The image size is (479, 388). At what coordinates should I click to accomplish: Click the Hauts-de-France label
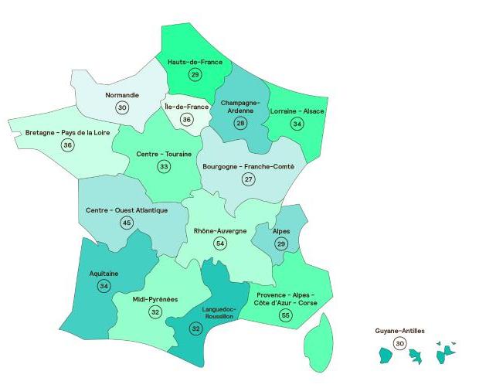pyautogui.click(x=195, y=61)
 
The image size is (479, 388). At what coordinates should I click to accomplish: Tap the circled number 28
pyautogui.click(x=240, y=123)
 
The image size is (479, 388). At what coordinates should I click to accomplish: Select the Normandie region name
pyautogui.click(x=122, y=95)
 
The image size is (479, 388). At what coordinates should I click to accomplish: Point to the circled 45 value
pyautogui.click(x=127, y=223)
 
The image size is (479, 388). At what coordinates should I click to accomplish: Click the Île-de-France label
pyautogui.click(x=186, y=107)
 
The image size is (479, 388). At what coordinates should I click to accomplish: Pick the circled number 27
pyautogui.click(x=248, y=179)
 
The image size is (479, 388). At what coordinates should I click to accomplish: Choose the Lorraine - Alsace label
pyautogui.click(x=297, y=111)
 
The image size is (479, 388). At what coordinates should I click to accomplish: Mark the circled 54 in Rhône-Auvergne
pyautogui.click(x=221, y=243)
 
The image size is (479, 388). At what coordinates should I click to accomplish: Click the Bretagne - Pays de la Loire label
pyautogui.click(x=67, y=132)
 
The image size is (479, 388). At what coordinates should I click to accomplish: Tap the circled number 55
pyautogui.click(x=286, y=315)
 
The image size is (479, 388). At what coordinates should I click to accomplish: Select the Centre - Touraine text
pyautogui.click(x=164, y=154)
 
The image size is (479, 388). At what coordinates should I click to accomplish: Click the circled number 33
pyautogui.click(x=164, y=166)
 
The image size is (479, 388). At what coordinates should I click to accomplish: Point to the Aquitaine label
pyautogui.click(x=104, y=273)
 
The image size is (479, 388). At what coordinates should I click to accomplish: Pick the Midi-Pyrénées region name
pyautogui.click(x=155, y=299)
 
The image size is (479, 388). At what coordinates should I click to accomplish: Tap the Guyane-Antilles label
pyautogui.click(x=399, y=331)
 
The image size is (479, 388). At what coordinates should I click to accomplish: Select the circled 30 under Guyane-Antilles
pyautogui.click(x=399, y=343)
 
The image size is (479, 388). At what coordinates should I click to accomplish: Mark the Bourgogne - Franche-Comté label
pyautogui.click(x=248, y=166)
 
